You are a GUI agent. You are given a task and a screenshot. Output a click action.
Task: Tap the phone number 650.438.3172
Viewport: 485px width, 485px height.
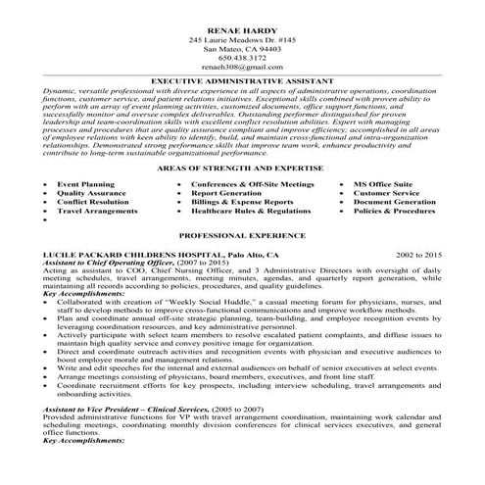click(241, 58)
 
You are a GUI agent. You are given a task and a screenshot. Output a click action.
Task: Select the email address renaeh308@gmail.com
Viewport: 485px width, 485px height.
click(241, 69)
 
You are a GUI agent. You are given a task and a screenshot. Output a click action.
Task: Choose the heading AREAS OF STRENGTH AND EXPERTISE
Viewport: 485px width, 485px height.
click(241, 143)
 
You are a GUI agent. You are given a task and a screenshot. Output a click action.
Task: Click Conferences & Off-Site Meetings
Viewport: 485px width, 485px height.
click(246, 157)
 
